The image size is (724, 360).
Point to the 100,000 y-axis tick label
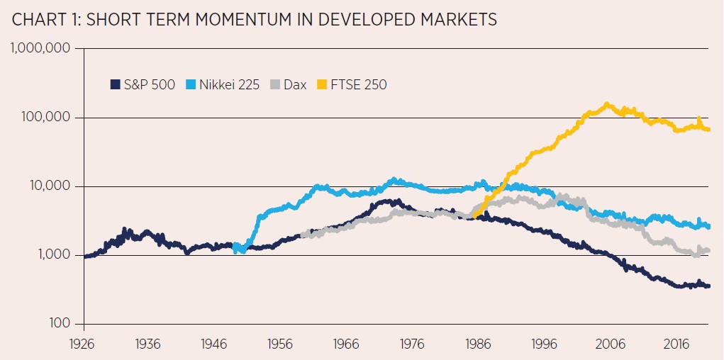click(x=45, y=117)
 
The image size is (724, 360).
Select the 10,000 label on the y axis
click(x=49, y=186)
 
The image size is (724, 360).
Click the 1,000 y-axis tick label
click(x=52, y=254)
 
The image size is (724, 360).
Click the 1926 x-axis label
click(x=84, y=343)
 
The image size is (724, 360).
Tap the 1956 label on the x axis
click(x=280, y=343)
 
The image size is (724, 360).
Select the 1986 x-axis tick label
click(x=478, y=343)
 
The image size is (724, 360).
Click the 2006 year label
click(x=610, y=343)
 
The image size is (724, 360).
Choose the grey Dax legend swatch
click(x=274, y=85)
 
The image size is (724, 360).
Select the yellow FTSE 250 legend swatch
click(x=322, y=85)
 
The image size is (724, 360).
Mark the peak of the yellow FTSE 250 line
click(x=607, y=106)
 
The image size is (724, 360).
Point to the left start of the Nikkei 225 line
click(x=235, y=247)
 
